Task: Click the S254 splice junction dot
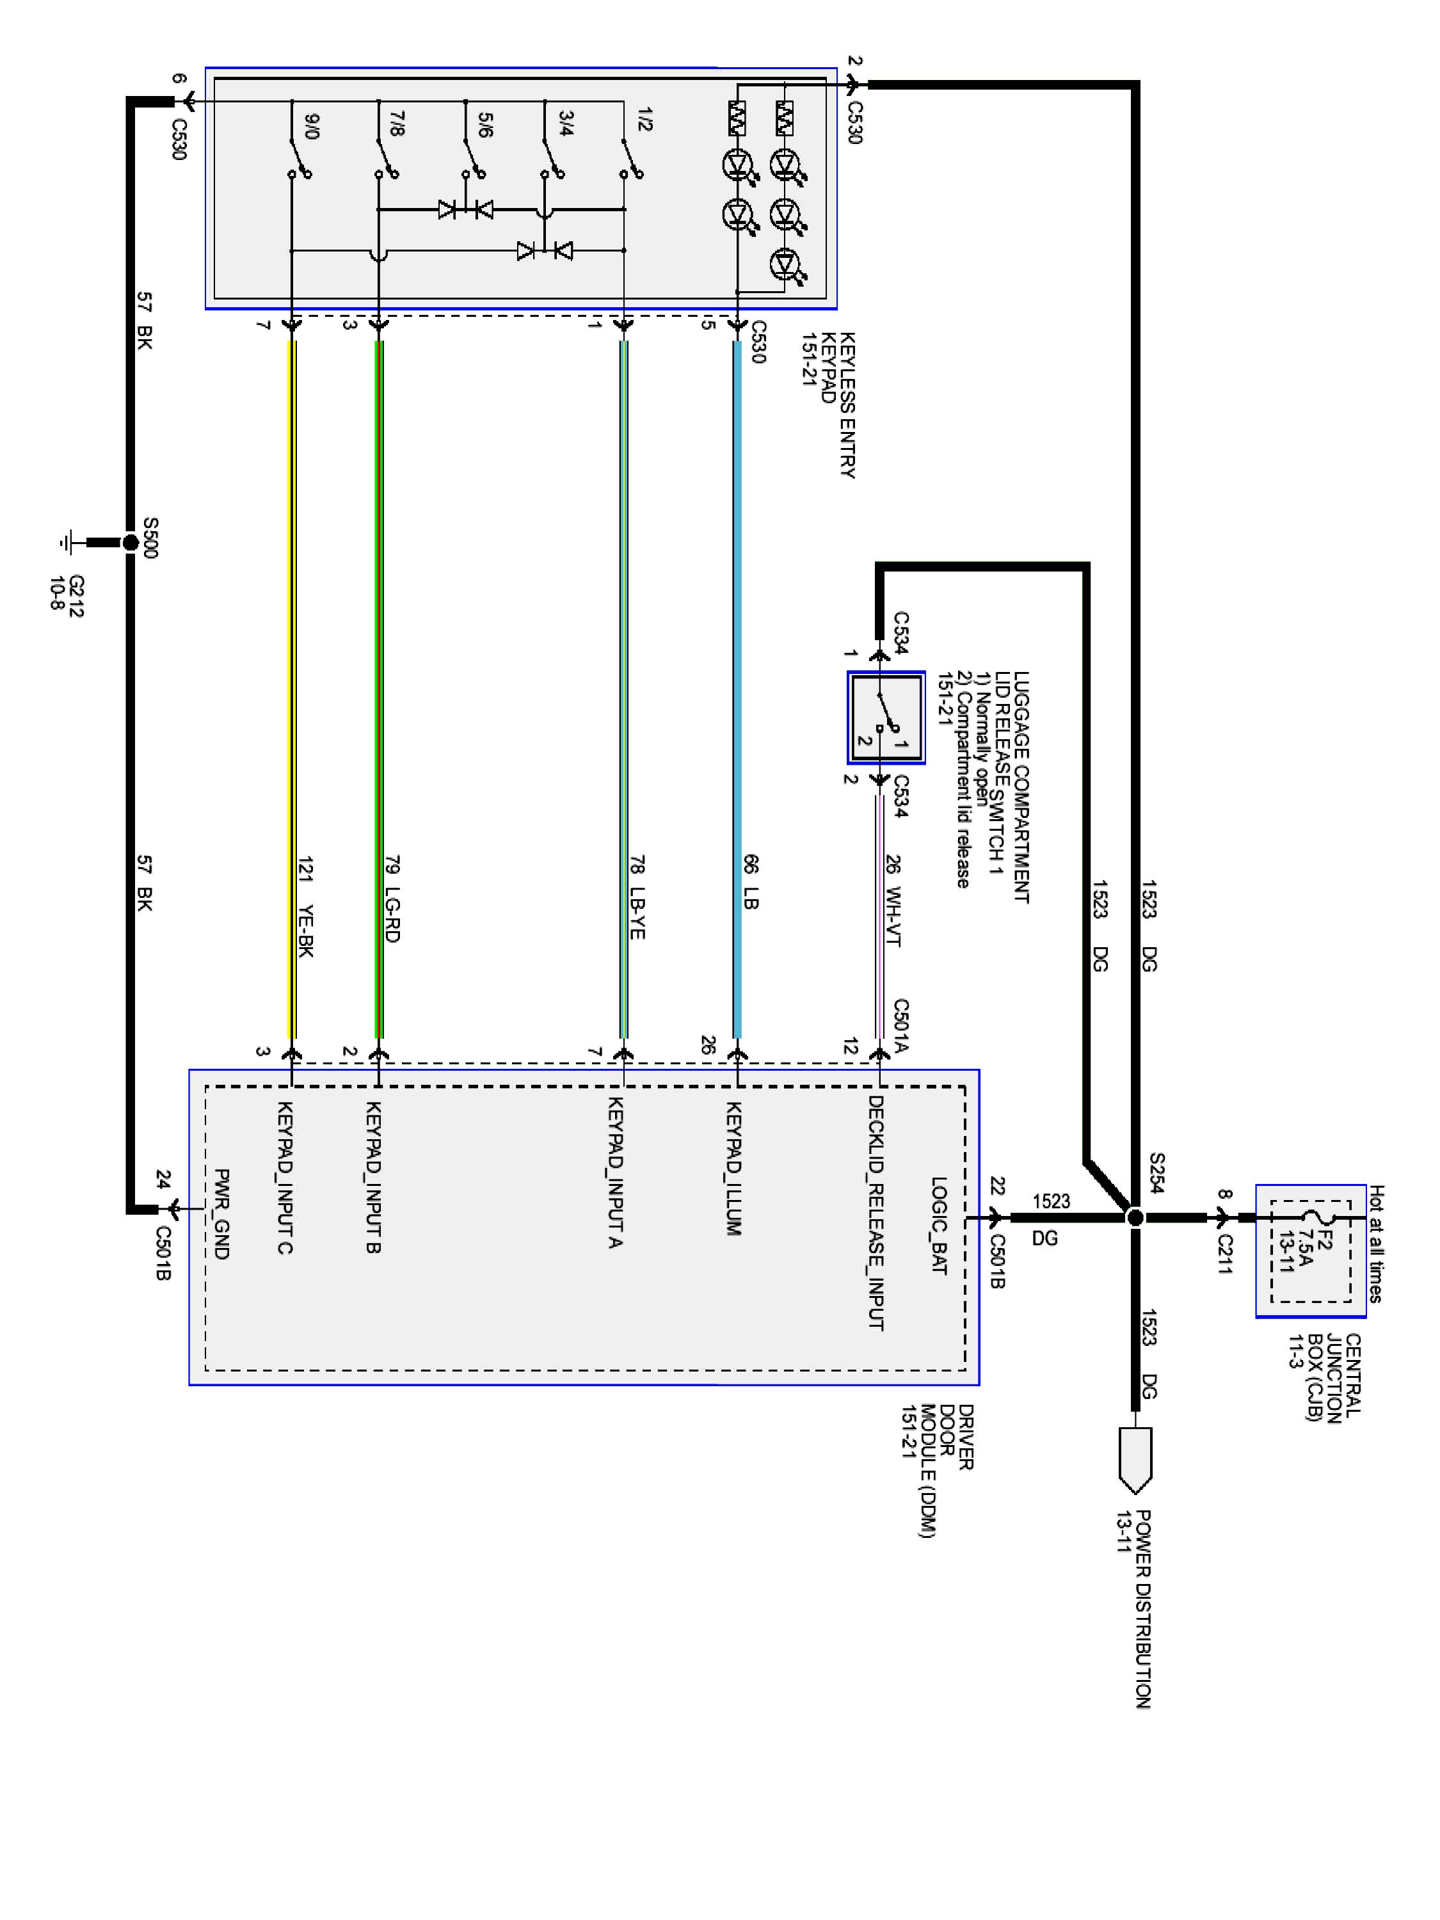(1135, 1218)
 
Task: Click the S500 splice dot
(130, 543)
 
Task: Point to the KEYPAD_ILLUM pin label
(733, 1168)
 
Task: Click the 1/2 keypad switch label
(644, 120)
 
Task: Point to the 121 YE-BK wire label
(305, 907)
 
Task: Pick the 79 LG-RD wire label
(392, 900)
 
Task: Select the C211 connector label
(1224, 1254)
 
